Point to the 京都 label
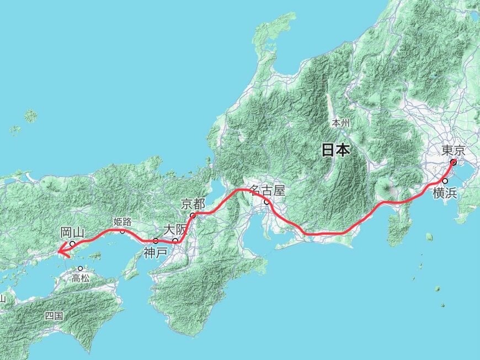[x=193, y=204]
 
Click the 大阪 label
[x=174, y=229]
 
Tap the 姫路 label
[x=122, y=221]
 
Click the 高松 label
[x=81, y=278]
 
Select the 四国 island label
[x=54, y=316]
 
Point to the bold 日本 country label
[x=335, y=150]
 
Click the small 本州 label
[x=341, y=123]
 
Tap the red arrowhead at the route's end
[x=62, y=252]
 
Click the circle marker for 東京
[x=452, y=162]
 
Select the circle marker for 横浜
[x=445, y=181]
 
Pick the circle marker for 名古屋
[x=267, y=202]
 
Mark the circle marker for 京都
[x=193, y=215]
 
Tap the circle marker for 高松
[x=81, y=269]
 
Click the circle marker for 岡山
[x=72, y=243]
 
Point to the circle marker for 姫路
[x=122, y=231]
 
